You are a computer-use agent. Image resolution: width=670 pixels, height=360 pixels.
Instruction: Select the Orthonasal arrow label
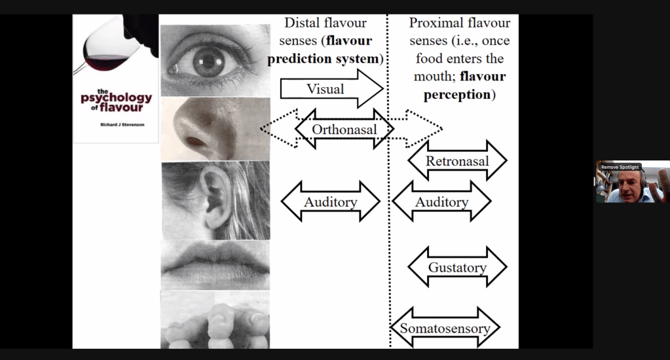click(344, 129)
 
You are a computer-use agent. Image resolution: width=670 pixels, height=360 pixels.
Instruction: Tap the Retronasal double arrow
click(457, 161)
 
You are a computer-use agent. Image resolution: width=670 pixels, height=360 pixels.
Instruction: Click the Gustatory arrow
click(457, 267)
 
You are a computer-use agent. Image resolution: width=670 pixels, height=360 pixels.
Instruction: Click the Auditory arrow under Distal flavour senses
click(330, 202)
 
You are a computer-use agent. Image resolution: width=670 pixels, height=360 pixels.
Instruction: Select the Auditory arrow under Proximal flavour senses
click(441, 202)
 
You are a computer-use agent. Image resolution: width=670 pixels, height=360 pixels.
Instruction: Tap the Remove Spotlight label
click(619, 167)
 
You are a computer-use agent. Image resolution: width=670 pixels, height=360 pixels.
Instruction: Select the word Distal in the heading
click(301, 24)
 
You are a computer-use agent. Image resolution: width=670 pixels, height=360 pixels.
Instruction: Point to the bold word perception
click(456, 94)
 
